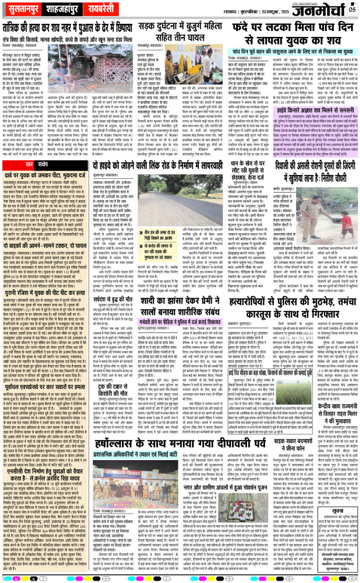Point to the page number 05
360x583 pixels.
tap(352, 9)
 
